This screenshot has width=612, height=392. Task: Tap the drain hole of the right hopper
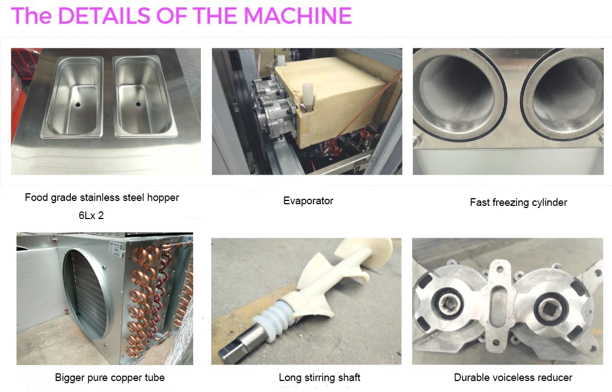(138, 103)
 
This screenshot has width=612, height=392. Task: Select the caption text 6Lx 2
(91, 216)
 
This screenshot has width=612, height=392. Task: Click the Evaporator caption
(308, 201)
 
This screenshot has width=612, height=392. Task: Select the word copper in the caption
(129, 378)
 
